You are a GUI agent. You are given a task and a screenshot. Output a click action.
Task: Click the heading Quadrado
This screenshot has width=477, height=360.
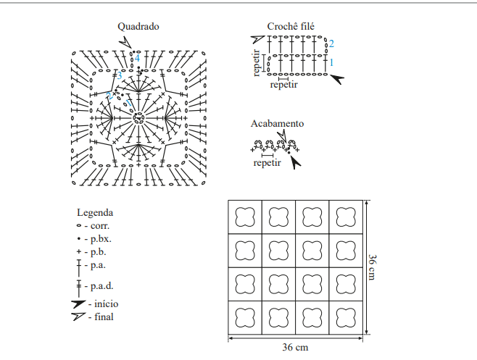pyautogui.click(x=138, y=27)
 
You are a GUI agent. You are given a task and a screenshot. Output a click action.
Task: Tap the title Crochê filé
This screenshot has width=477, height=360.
pyautogui.click(x=291, y=27)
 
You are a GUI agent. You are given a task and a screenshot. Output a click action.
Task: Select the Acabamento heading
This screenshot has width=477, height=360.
pyautogui.click(x=277, y=123)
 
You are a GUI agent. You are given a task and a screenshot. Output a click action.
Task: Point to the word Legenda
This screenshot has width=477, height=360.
pyautogui.click(x=95, y=212)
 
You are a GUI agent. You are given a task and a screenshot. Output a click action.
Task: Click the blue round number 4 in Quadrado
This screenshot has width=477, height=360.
pyautogui.click(x=137, y=58)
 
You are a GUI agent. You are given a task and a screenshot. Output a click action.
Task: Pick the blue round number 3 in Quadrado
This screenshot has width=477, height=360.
pyautogui.click(x=119, y=75)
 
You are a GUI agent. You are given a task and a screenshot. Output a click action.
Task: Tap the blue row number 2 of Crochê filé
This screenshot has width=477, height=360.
pyautogui.click(x=331, y=43)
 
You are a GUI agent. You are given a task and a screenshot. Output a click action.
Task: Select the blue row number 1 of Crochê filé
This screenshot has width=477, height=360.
pyautogui.click(x=331, y=62)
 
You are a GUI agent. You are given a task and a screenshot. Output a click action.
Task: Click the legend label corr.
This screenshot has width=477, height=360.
pyautogui.click(x=100, y=226)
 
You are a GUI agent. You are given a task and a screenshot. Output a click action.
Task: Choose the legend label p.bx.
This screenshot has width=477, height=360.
pyautogui.click(x=101, y=239)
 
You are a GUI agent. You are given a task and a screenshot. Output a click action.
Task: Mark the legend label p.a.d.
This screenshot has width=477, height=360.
pyautogui.click(x=102, y=286)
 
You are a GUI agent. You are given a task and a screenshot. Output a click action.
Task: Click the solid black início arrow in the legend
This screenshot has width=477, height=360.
pyautogui.click(x=78, y=304)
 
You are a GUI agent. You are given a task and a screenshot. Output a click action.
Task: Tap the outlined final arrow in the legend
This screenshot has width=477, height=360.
pyautogui.click(x=78, y=317)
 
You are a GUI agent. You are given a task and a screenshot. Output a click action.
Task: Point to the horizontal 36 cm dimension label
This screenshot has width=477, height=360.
pyautogui.click(x=295, y=347)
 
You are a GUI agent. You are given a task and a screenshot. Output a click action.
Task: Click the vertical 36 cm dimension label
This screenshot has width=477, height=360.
pyautogui.click(x=373, y=267)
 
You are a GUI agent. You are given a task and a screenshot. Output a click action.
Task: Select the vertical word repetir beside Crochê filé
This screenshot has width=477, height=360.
pyautogui.click(x=257, y=63)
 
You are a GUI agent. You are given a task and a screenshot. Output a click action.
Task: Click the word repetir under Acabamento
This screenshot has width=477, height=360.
pyautogui.click(x=267, y=163)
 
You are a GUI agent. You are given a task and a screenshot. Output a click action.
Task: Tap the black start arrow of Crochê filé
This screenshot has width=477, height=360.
pyautogui.click(x=337, y=79)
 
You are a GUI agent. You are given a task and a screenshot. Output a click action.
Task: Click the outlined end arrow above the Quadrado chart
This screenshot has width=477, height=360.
pyautogui.click(x=125, y=42)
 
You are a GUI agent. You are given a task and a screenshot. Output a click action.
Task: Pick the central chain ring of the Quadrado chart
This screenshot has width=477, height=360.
pyautogui.click(x=138, y=118)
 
